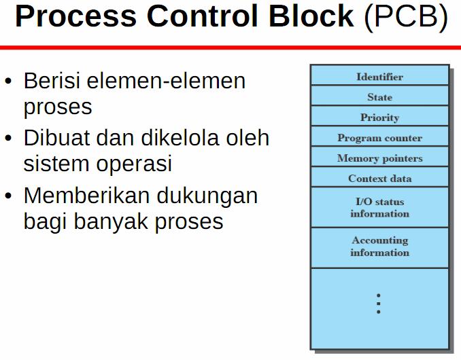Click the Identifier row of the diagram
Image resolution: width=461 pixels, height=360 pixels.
[379, 77]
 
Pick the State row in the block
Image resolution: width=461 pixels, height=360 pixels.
[379, 97]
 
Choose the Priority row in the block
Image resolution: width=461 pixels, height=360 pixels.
[379, 118]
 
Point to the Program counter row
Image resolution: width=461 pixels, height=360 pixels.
[379, 138]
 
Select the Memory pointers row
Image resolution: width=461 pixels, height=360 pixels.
[379, 158]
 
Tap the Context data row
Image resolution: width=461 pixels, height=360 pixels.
[379, 179]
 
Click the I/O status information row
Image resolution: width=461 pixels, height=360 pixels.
[379, 207]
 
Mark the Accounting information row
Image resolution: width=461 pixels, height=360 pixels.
[379, 247]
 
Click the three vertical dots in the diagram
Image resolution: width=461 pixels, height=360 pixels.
[379, 304]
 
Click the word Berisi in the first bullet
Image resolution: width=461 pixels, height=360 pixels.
[49, 81]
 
